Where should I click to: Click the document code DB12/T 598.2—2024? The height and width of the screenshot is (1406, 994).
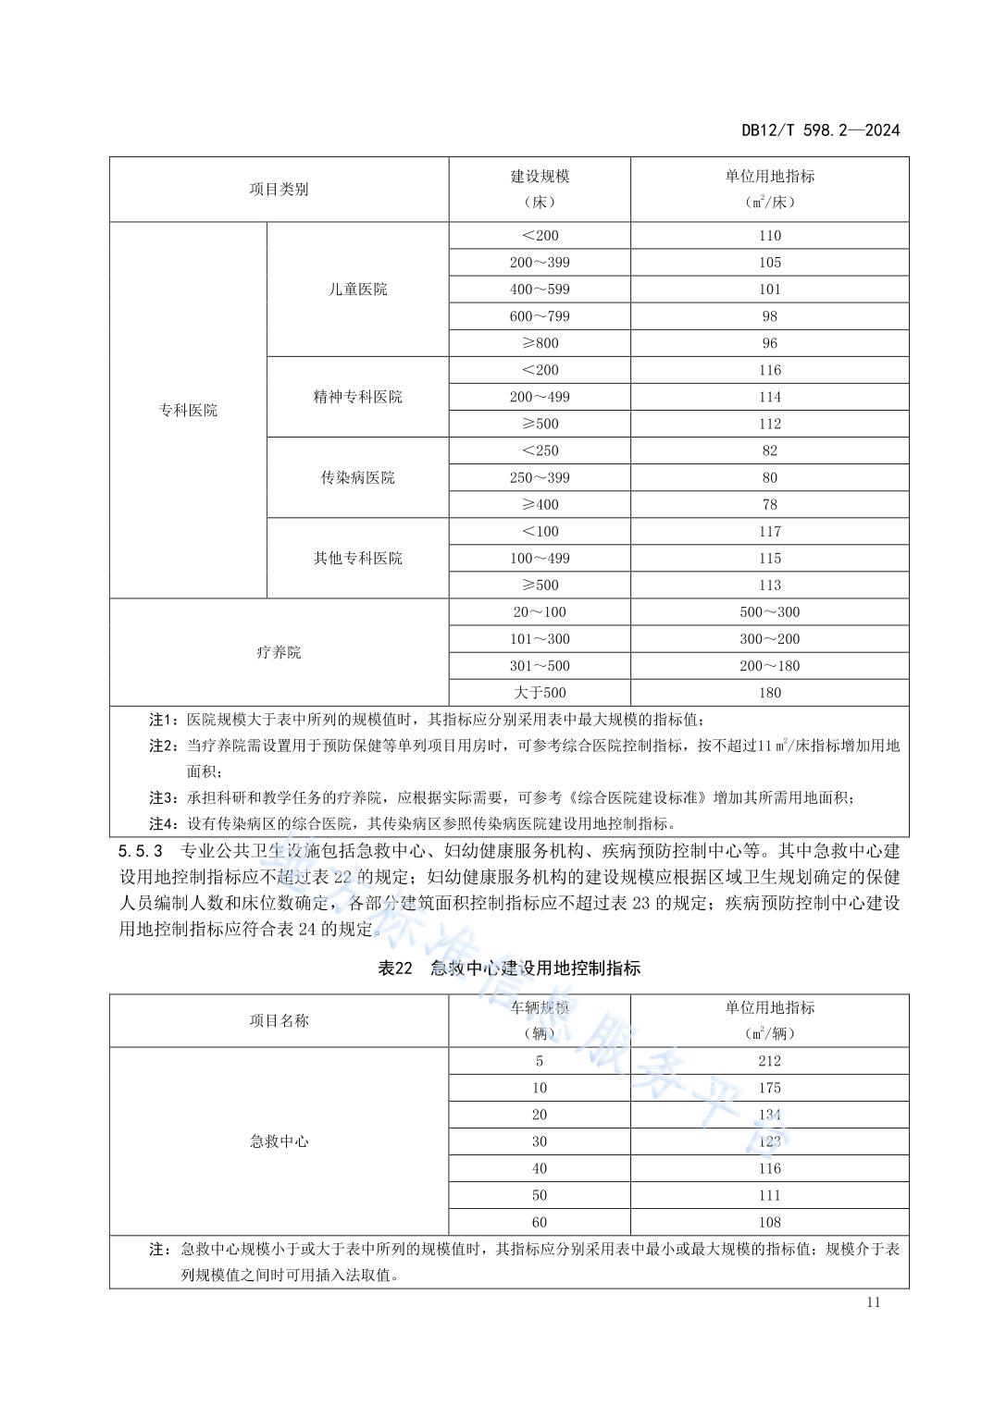[820, 130]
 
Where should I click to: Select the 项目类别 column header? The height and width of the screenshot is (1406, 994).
[279, 190]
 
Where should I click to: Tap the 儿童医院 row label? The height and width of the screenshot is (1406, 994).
[357, 290]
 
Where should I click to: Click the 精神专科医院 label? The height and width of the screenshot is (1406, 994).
[357, 397]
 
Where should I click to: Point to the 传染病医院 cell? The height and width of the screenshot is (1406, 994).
[357, 478]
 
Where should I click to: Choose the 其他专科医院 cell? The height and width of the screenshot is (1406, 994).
[357, 559]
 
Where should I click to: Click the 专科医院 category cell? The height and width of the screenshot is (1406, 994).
[188, 411]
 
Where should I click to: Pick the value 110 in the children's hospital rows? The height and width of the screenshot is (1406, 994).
[769, 236]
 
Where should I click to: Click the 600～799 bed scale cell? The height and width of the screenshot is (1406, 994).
[540, 316]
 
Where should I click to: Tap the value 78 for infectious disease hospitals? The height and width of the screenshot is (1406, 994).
[769, 505]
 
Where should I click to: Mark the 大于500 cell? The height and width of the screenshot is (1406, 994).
[540, 693]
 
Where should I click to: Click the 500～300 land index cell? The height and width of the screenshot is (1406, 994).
[769, 612]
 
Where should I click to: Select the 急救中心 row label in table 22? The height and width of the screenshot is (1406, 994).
[279, 1141]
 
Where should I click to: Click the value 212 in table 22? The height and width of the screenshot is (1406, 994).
[769, 1061]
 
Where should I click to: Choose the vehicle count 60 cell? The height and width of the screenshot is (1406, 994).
[540, 1222]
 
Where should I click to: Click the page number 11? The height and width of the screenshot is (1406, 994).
[874, 1302]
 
